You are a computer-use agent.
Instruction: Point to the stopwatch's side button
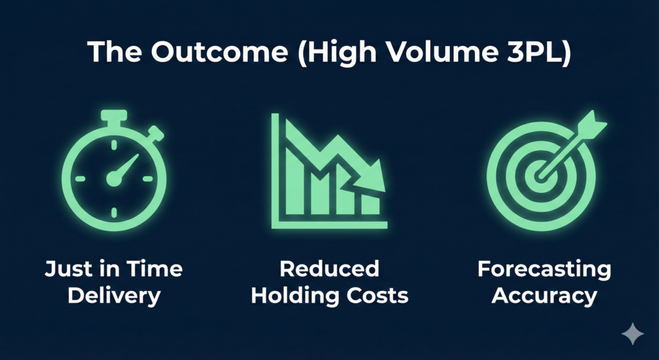[155, 134]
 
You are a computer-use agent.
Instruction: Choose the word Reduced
[329, 269]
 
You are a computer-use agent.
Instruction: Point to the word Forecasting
[544, 269]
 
